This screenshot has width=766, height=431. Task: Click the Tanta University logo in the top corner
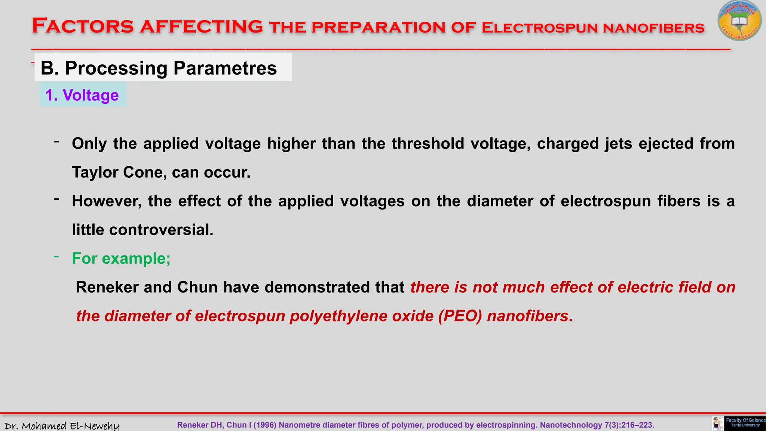tap(739, 21)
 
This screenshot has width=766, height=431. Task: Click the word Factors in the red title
tap(83, 26)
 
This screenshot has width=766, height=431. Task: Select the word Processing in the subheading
tap(116, 68)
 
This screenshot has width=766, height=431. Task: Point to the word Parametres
tap(225, 68)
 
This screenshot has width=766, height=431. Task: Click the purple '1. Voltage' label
tap(82, 95)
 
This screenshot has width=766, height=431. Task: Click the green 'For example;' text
tap(121, 259)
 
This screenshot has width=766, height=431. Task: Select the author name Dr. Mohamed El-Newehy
tap(62, 426)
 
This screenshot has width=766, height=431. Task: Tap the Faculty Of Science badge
tap(745, 423)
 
